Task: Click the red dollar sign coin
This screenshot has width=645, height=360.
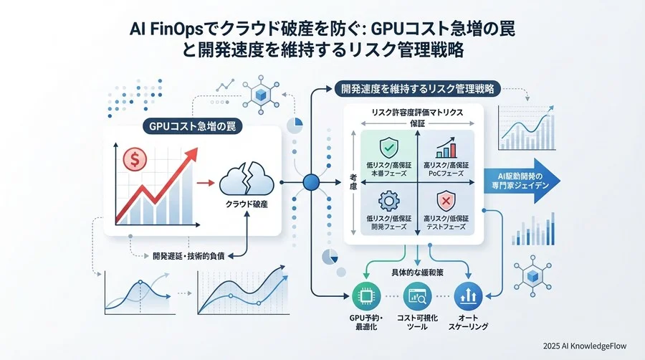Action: [x=135, y=159]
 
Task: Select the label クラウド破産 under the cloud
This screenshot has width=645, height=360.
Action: [x=247, y=204]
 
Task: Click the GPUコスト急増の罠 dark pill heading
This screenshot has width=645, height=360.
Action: [x=192, y=126]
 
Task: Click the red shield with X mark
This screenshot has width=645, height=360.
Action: [x=446, y=202]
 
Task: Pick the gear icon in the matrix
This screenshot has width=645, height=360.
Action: [x=388, y=202]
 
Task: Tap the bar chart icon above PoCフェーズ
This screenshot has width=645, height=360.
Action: [x=446, y=148]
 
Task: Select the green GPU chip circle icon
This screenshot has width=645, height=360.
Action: [x=366, y=296]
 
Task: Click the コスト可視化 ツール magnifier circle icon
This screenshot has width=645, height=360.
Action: [x=417, y=296]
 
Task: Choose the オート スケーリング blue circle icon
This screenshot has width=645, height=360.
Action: [x=468, y=296]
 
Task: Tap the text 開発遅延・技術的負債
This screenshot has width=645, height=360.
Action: [x=188, y=256]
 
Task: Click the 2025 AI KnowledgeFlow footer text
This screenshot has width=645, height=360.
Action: [x=585, y=346]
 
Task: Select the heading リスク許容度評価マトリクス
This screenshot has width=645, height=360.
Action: [x=417, y=113]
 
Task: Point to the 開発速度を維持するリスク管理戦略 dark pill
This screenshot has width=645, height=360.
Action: [x=417, y=88]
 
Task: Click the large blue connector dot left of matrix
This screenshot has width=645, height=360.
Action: [x=311, y=182]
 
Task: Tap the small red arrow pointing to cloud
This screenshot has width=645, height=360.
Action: [x=206, y=183]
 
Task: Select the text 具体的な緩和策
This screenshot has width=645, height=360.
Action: [x=417, y=273]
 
